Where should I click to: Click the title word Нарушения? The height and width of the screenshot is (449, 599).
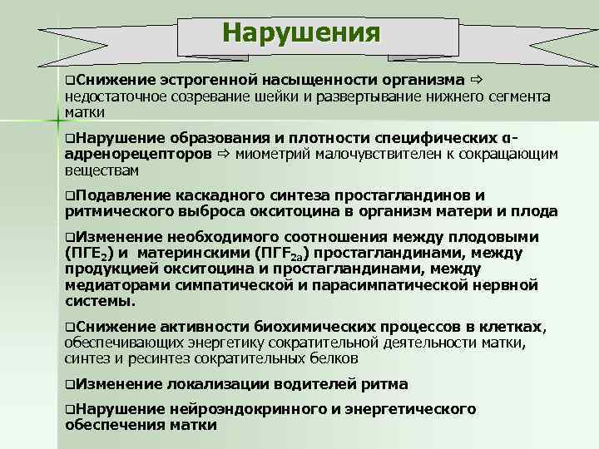pos(300,34)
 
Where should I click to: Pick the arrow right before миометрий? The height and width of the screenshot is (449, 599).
pos(222,154)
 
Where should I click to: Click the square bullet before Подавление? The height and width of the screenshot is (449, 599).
pos(70,195)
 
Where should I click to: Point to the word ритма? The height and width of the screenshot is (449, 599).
pos(384,384)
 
